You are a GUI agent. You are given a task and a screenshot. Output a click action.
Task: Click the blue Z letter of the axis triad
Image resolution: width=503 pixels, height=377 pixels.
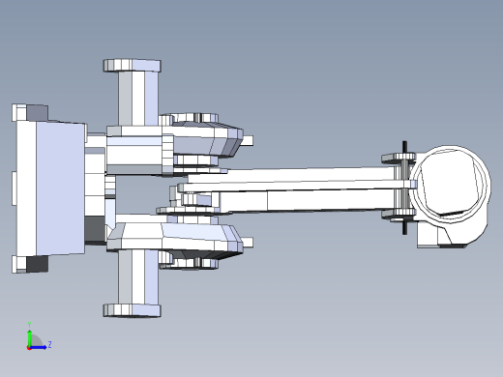(x=49, y=344)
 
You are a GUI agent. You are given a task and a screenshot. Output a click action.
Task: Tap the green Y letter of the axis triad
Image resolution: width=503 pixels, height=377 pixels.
(x=30, y=325)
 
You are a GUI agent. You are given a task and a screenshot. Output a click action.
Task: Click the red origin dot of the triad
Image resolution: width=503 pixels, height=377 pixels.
(x=29, y=346)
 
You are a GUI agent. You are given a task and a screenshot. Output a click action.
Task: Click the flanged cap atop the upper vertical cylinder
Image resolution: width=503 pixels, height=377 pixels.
(x=133, y=65)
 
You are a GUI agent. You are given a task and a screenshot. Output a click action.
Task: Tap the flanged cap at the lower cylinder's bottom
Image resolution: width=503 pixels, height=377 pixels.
(x=133, y=310)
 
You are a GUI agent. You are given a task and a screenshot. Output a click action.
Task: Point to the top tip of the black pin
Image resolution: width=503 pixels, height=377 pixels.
(x=403, y=146)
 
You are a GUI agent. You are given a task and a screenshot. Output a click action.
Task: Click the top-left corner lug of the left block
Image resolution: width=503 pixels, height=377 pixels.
(x=21, y=112)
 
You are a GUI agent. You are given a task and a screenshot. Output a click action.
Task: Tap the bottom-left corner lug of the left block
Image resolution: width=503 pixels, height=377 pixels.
(x=21, y=264)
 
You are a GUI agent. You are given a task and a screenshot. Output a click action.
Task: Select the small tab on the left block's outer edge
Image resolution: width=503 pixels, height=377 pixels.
(x=14, y=188)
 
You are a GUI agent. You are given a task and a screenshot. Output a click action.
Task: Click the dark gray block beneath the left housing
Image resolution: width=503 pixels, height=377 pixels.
(x=95, y=230)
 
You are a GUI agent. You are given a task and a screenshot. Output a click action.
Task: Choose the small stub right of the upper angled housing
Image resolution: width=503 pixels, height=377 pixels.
(x=248, y=140)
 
